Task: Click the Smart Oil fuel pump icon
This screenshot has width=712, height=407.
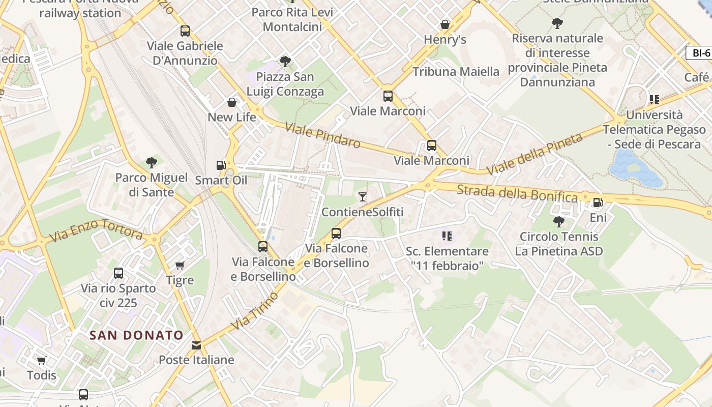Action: pyautogui.click(x=221, y=165)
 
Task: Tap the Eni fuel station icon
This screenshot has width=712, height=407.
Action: pyautogui.click(x=598, y=202)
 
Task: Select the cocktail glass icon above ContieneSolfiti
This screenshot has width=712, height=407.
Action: pyautogui.click(x=362, y=196)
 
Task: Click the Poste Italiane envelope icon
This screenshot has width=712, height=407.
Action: pyautogui.click(x=196, y=345)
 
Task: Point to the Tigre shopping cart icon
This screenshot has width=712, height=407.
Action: pyautogui.click(x=180, y=265)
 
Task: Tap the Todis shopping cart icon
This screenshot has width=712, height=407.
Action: pyautogui.click(x=42, y=360)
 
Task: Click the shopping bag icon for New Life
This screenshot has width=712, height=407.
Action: pyautogui.click(x=232, y=102)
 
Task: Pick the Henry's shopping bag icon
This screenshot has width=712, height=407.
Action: pyautogui.click(x=445, y=24)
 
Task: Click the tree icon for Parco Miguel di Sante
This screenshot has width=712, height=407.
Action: pyautogui.click(x=151, y=163)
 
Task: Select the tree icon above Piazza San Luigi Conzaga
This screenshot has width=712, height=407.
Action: pyautogui.click(x=285, y=62)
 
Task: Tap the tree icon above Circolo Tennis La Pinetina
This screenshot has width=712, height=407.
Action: pyautogui.click(x=558, y=221)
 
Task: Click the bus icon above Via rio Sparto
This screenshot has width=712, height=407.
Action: pyautogui.click(x=118, y=273)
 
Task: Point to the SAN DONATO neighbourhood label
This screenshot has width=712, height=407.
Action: pyautogui.click(x=136, y=335)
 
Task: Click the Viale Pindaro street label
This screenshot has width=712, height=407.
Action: pyautogui.click(x=323, y=135)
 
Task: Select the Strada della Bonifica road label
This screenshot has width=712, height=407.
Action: pyautogui.click(x=517, y=193)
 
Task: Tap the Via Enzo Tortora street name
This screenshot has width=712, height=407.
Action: pyautogui.click(x=96, y=230)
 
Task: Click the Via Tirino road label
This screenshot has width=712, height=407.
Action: pyautogui.click(x=254, y=311)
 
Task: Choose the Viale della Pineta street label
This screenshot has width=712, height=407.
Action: pyautogui.click(x=535, y=154)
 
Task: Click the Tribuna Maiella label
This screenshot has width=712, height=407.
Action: pyautogui.click(x=456, y=72)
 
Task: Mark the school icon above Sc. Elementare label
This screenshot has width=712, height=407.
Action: pyautogui.click(x=447, y=236)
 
